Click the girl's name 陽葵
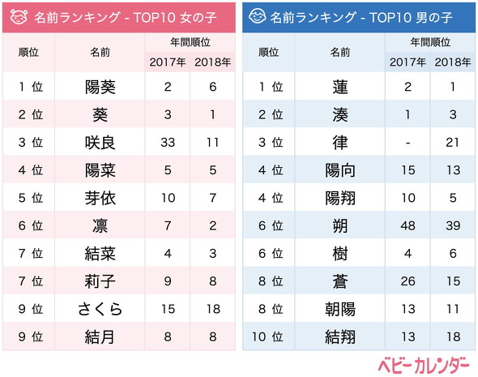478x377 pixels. point(100,86)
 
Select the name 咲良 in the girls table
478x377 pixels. point(100,143)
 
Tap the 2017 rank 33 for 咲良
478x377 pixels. point(167,143)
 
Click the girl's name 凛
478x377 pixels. point(100,225)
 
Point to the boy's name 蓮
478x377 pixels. point(340,86)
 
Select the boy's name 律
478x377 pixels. point(340,143)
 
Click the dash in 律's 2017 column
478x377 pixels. point(408,143)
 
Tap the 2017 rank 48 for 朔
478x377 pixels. point(408,225)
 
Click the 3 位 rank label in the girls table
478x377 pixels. point(30,143)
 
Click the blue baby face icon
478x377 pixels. point(257,16)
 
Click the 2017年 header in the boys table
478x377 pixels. point(408,61)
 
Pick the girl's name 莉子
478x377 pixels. point(100,280)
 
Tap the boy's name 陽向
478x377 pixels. point(340,169)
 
